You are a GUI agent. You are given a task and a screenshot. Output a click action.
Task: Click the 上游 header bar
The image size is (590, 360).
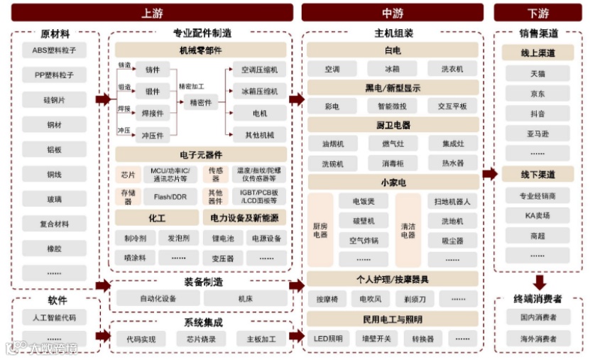tap(152, 13)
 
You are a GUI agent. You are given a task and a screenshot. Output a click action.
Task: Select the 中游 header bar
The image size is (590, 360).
tap(393, 13)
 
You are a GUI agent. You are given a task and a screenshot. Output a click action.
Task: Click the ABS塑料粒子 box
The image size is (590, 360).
tap(54, 50)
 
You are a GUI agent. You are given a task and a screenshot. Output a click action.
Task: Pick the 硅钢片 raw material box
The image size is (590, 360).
tap(54, 99)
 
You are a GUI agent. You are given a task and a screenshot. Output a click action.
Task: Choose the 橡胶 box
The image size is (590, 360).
tap(54, 249)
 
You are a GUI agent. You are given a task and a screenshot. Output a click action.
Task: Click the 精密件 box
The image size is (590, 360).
tap(201, 103)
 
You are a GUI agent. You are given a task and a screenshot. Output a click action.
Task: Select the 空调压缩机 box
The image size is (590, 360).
tap(259, 70)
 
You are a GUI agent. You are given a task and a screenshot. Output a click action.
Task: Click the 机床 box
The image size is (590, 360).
tap(246, 299)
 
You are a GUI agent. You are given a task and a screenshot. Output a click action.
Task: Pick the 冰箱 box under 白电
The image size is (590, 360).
tap(392, 69)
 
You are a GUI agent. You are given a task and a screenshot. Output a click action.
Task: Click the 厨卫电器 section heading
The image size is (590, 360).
tap(393, 125)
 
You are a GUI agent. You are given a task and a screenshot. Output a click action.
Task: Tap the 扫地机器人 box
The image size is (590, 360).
tap(452, 202)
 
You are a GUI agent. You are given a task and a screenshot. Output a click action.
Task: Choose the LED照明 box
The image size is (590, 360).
tap(328, 338)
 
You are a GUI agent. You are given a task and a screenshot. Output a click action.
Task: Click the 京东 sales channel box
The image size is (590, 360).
tap(537, 94)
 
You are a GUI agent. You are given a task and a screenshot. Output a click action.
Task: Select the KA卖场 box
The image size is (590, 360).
tap(537, 215)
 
